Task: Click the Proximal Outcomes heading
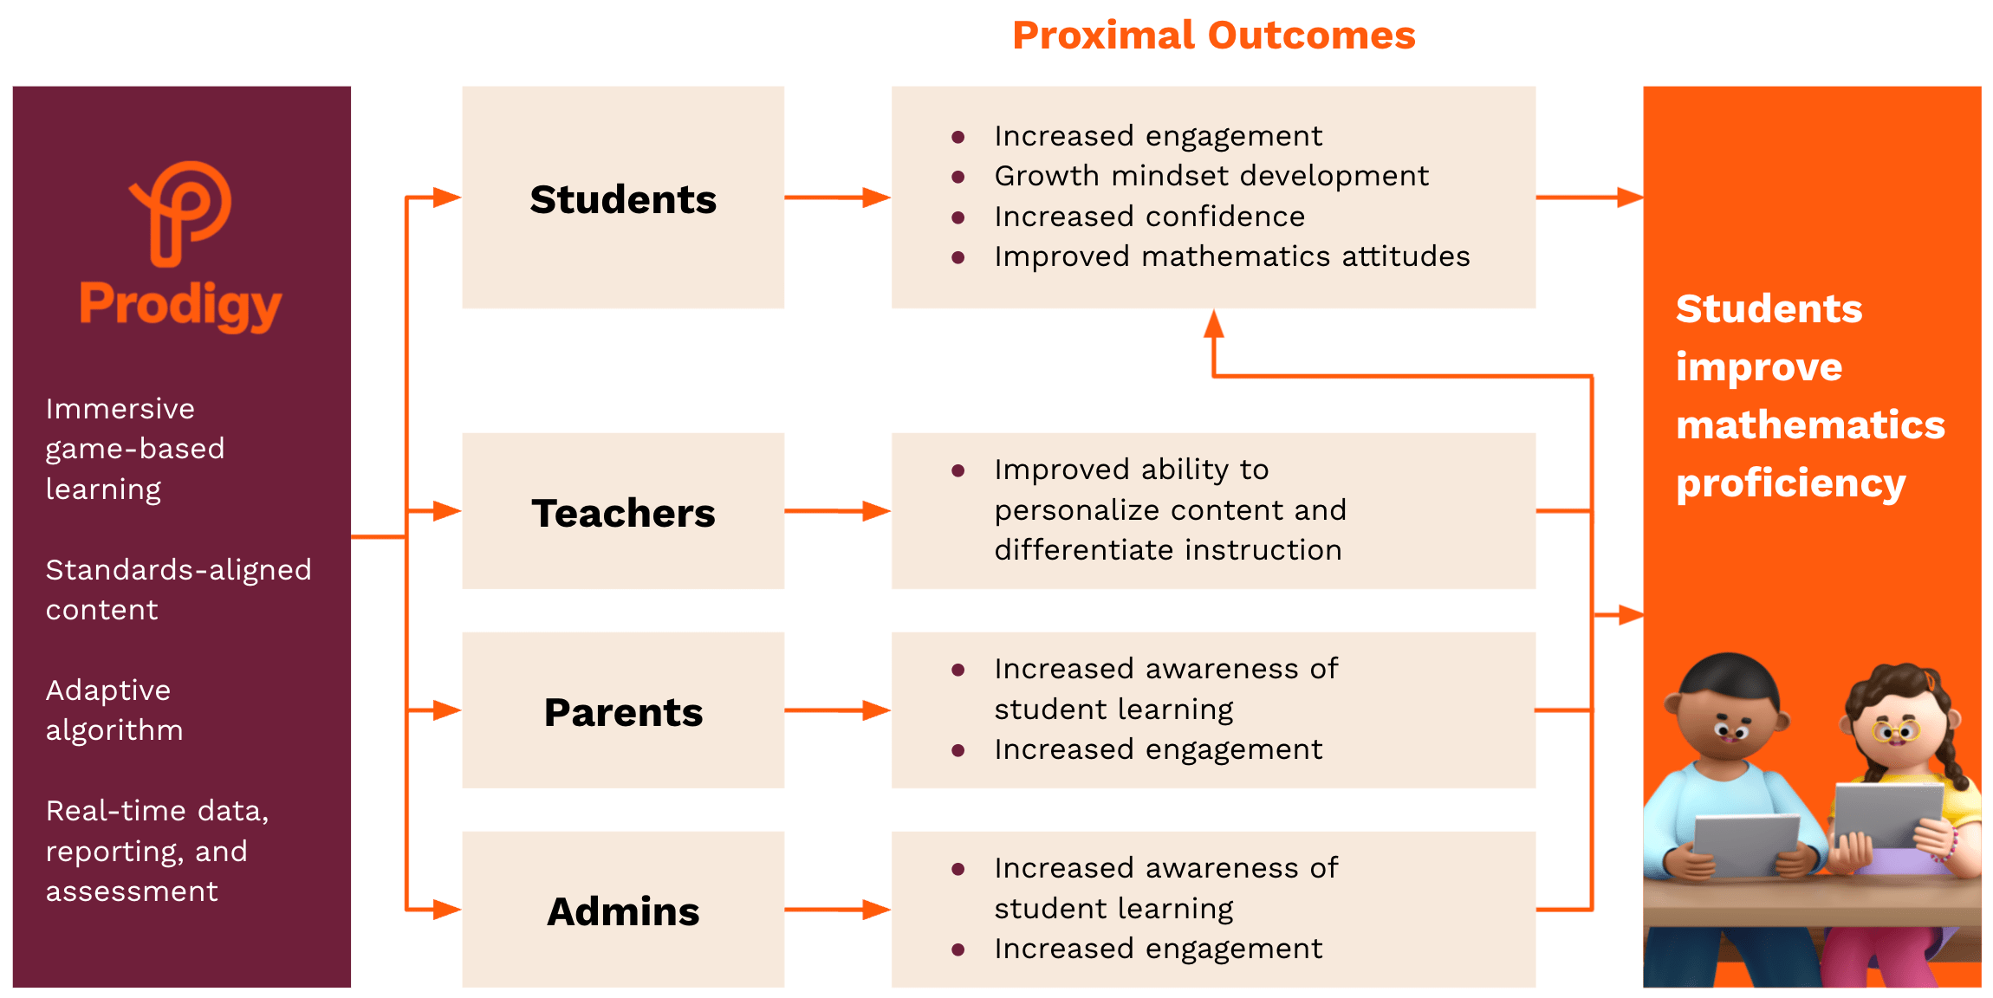coord(1213,36)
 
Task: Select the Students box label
coord(623,199)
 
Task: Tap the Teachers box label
coord(623,513)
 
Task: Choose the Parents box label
coord(623,712)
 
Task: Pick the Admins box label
coord(623,911)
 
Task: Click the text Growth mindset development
coord(1211,176)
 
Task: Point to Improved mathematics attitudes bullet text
coord(1231,256)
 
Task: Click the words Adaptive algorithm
coord(114,710)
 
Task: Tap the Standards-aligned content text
coord(178,590)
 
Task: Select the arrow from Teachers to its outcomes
coord(837,511)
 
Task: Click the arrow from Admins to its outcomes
coord(837,910)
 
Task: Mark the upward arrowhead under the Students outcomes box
coord(1214,324)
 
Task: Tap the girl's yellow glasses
coord(1896,731)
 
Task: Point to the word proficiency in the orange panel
coord(1790,483)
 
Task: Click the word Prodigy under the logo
coord(180,305)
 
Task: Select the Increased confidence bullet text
coord(1149,217)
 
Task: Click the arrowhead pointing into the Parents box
coord(447,710)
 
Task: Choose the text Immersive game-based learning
coord(134,449)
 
